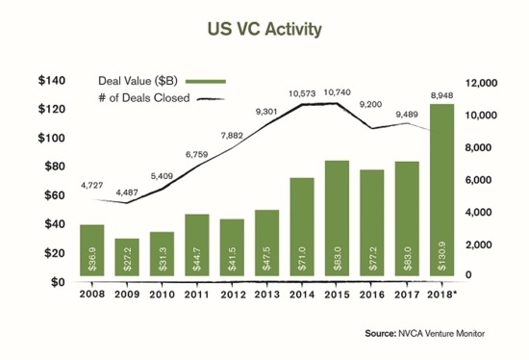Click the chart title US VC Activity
(x=264, y=28)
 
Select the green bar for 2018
(x=441, y=193)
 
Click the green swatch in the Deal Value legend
(x=206, y=80)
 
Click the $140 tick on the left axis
(x=52, y=81)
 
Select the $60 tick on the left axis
(x=55, y=195)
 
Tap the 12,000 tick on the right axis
(x=479, y=83)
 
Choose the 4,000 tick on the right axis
(x=478, y=213)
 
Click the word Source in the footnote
(x=384, y=333)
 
